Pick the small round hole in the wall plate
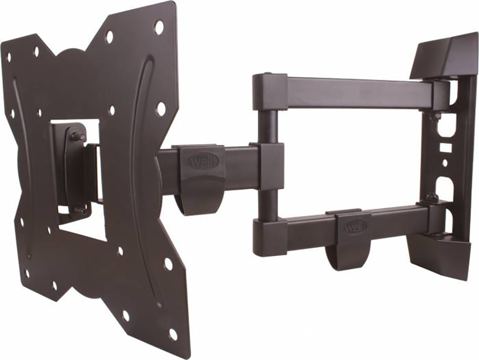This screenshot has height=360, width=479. (445, 163)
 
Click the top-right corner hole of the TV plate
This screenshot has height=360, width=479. (159, 27)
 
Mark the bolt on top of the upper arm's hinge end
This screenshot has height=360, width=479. (268, 75)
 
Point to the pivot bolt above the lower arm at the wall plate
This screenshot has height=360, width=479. (431, 197)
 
